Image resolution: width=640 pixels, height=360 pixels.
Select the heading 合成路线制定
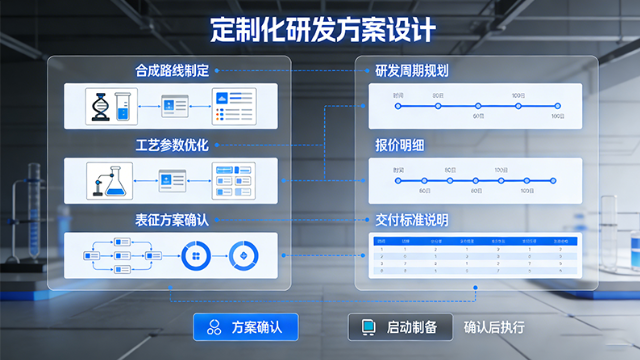click(172, 71)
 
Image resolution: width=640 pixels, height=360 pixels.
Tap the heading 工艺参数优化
click(172, 145)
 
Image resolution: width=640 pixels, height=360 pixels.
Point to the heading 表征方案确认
click(172, 219)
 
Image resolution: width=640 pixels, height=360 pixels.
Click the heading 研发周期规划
click(411, 71)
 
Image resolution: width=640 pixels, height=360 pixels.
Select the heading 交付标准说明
click(411, 219)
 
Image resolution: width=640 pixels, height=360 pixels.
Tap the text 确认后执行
click(494, 327)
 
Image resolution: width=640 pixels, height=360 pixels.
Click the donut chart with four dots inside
click(195, 257)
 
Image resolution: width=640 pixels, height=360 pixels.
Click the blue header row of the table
click(475, 241)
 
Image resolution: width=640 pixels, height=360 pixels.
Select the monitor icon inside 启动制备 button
click(368, 327)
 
